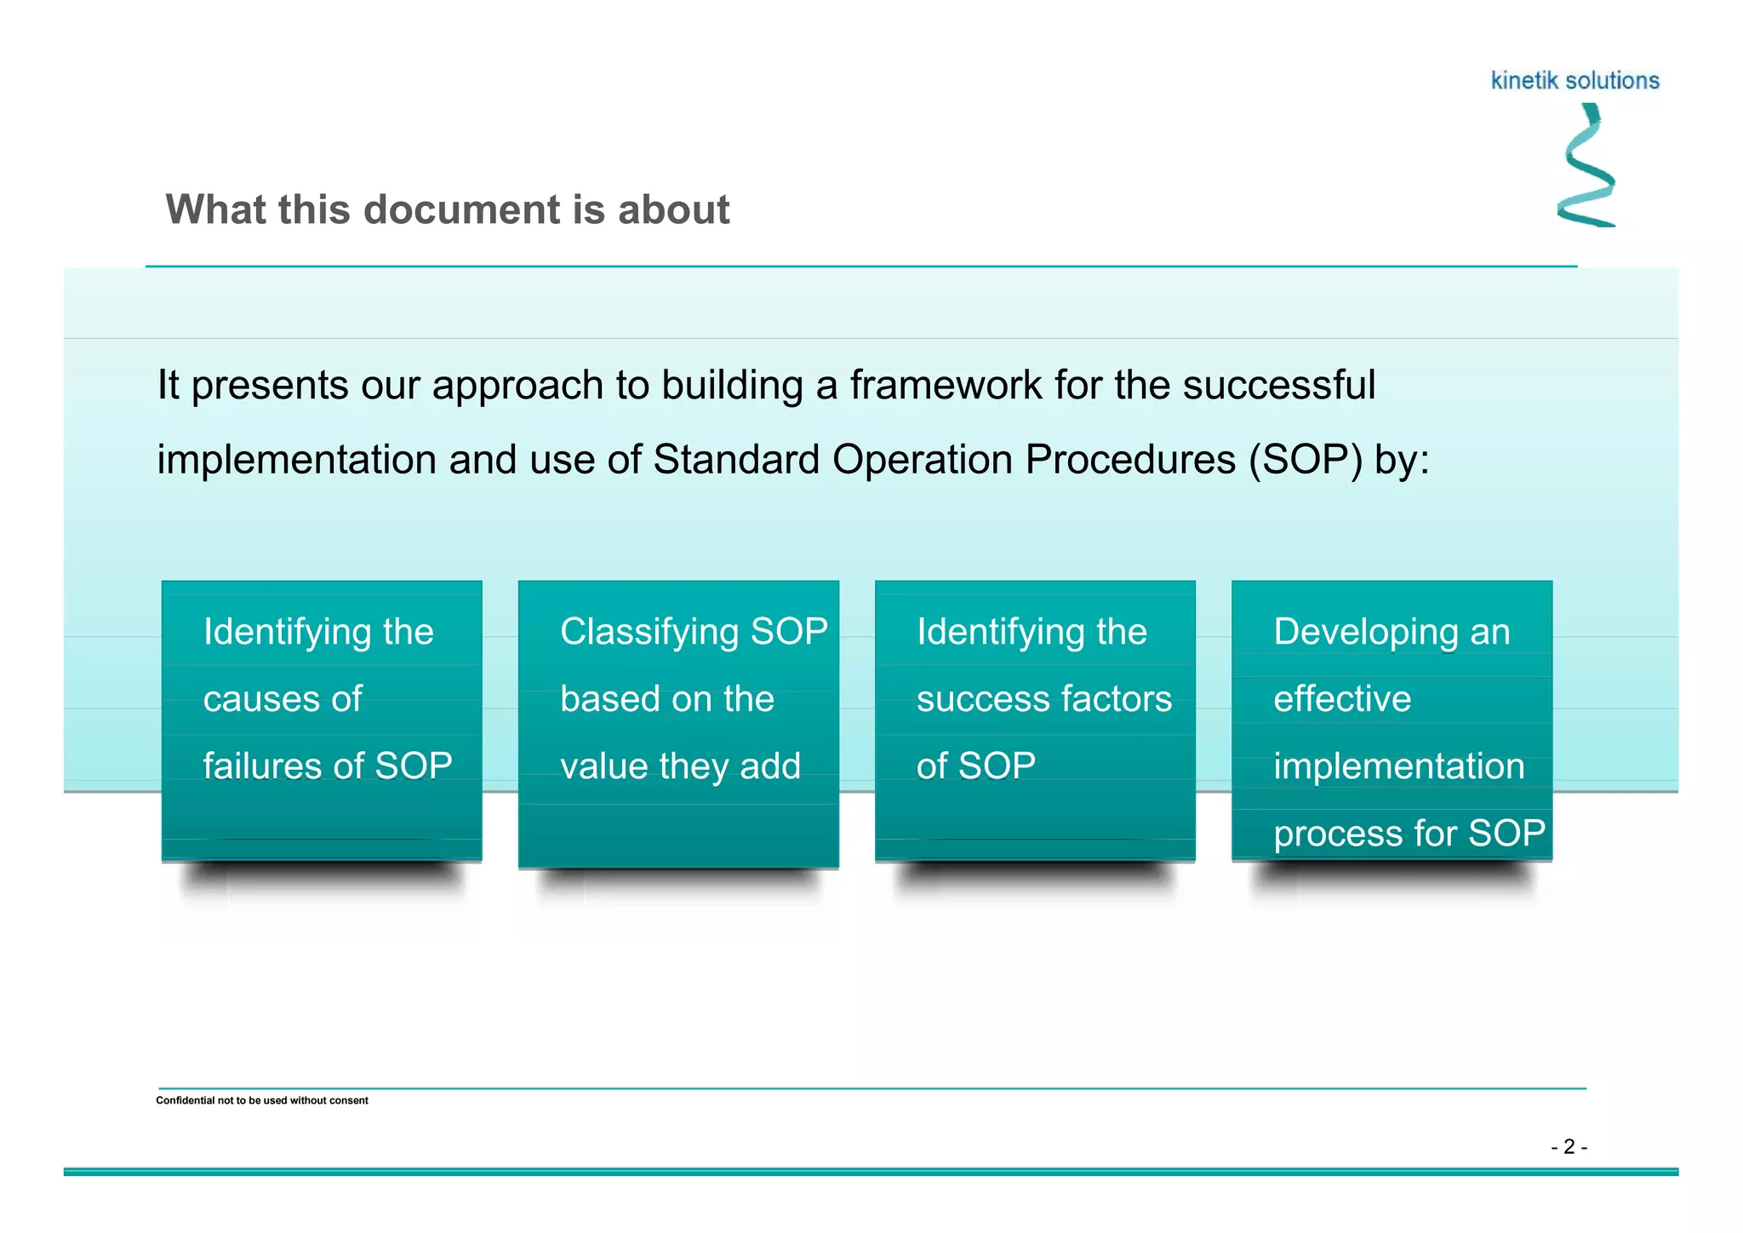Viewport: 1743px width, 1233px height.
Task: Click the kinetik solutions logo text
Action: coord(1574,81)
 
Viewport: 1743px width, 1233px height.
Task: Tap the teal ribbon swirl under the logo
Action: coord(1587,166)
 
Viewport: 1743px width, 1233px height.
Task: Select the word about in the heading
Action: coord(673,209)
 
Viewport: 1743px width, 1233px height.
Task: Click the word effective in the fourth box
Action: coord(1342,699)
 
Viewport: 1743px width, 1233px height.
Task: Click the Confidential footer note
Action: coord(262,1100)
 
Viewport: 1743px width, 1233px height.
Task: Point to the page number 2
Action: coord(1569,1147)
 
